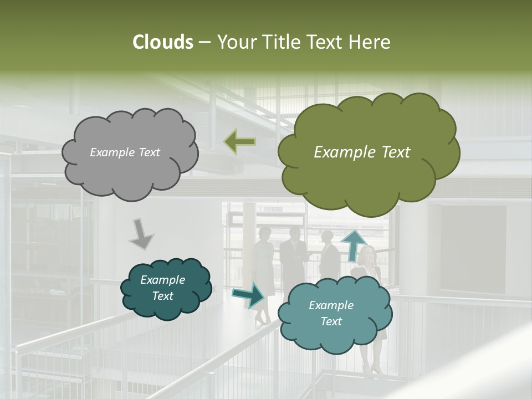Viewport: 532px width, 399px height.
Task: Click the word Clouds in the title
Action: click(x=163, y=42)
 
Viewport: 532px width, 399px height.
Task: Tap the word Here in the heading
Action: click(x=371, y=42)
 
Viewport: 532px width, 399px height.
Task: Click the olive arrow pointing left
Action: click(x=239, y=142)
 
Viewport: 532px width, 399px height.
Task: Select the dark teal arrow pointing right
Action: click(x=248, y=295)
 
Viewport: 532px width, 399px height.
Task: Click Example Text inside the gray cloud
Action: click(x=125, y=152)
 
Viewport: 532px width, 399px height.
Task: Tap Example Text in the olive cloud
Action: click(x=362, y=152)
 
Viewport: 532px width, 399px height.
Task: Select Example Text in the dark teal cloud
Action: click(x=162, y=288)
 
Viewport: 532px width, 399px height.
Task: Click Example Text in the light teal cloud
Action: click(x=331, y=313)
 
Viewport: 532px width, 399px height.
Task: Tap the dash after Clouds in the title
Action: click(x=204, y=42)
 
